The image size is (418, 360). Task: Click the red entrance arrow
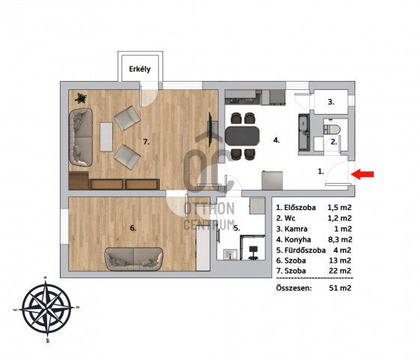coord(363,174)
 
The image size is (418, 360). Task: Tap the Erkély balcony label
coord(139,69)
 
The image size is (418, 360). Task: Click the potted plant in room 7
coord(80,98)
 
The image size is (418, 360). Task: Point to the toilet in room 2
coord(332,130)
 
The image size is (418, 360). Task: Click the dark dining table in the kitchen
coord(242,136)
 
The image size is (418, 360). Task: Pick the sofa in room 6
coord(133,259)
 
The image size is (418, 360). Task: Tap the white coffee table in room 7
coord(106,136)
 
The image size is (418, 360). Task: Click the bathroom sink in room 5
coord(230,253)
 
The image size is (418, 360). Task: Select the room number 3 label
coord(331,102)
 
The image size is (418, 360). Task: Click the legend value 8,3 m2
coord(340,240)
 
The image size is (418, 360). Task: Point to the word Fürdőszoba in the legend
coord(305,250)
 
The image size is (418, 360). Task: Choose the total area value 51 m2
coord(340,288)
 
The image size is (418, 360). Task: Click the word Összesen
coord(294,288)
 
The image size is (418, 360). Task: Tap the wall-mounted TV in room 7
coord(210,130)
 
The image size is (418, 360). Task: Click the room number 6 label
coord(133,228)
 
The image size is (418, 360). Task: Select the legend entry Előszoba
coord(300,208)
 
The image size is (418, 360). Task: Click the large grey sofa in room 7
coord(81,137)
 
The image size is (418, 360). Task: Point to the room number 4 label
coord(276,140)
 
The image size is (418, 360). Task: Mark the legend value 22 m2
coord(340,271)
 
